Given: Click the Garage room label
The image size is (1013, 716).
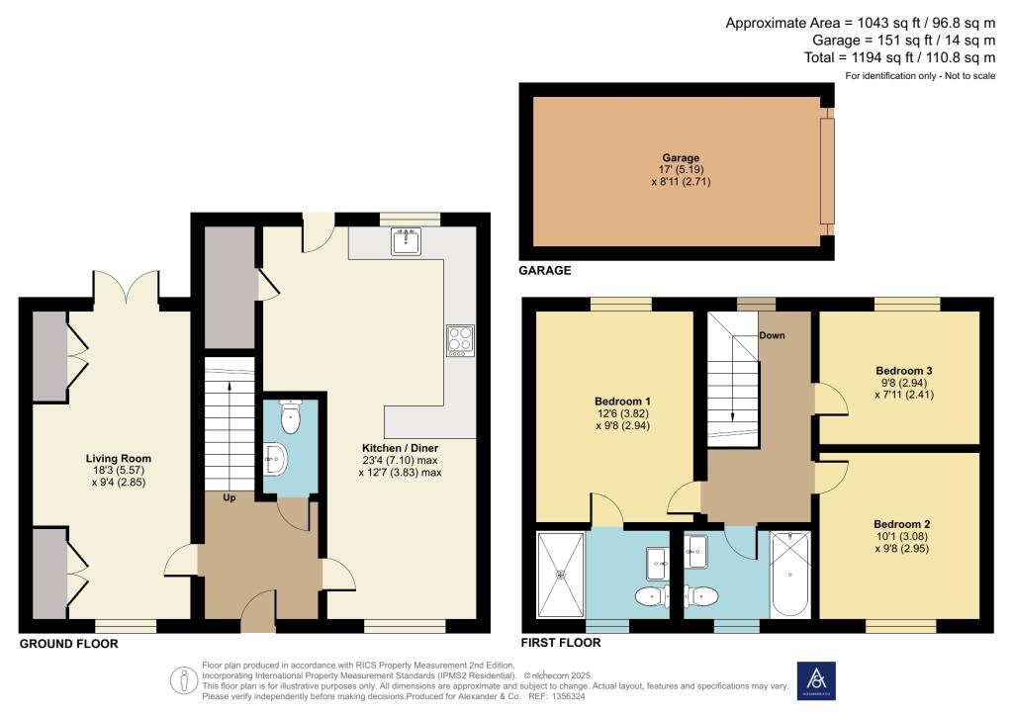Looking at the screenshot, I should (681, 157).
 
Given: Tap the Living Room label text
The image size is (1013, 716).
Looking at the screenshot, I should (118, 459).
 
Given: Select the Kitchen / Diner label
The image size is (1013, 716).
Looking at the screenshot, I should (399, 448).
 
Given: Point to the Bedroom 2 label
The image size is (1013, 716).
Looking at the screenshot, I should (901, 524).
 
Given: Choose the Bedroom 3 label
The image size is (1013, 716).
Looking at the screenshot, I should (900, 371).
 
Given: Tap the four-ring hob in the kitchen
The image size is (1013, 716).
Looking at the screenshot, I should (461, 340).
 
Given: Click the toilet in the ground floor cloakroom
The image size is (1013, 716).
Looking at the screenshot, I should (290, 417).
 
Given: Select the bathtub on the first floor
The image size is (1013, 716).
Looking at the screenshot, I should (788, 573).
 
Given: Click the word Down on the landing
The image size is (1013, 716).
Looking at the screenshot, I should (772, 335).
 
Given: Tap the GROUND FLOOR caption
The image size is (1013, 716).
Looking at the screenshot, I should (68, 644).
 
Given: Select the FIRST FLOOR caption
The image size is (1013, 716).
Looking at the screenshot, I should (561, 642).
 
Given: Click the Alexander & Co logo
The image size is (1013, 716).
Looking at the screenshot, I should (815, 680).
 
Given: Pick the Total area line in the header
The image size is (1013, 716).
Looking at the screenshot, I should (899, 58).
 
